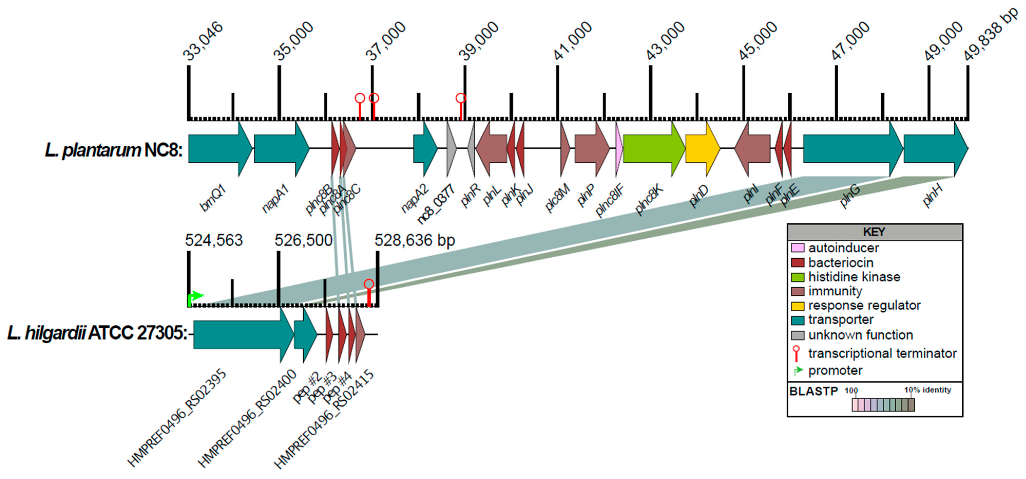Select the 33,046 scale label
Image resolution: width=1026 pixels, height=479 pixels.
coord(203,41)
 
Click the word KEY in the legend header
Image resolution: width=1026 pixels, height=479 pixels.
coord(874,232)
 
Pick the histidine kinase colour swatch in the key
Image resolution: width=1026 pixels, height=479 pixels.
coord(797,277)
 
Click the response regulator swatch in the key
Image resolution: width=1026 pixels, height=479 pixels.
coord(797,306)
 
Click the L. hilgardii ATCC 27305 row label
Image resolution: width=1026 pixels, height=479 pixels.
coord(97,333)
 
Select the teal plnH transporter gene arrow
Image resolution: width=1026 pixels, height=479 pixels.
coord(935,149)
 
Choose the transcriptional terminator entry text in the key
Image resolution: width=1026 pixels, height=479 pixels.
coord(882,353)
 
